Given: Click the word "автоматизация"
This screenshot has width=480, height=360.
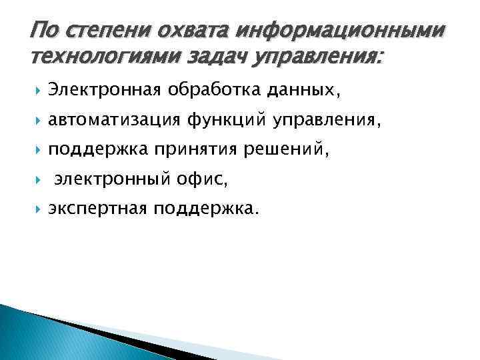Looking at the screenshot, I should click(114, 121).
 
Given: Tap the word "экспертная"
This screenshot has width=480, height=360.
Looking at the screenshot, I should click(100, 209).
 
